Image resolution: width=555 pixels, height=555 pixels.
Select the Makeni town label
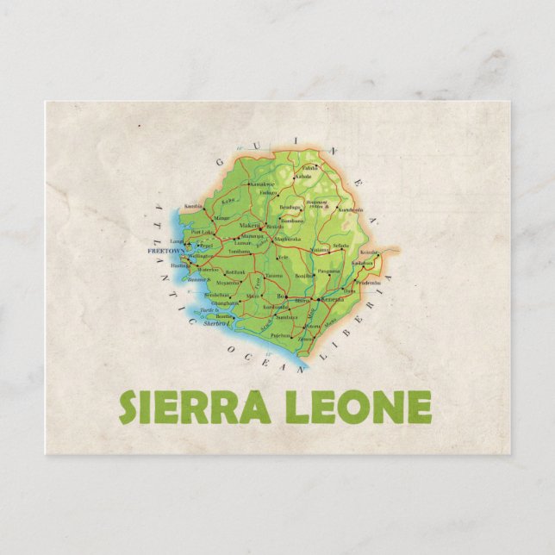tap(249, 225)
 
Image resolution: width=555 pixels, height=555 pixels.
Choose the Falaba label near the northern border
tap(310, 167)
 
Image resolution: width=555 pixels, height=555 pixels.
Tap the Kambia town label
tap(193, 206)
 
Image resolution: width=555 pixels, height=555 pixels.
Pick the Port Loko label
tap(202, 233)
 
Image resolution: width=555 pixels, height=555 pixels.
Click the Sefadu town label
tap(341, 245)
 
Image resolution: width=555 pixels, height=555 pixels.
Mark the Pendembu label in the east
tap(368, 282)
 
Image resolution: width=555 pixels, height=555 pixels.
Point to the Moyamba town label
tap(228, 282)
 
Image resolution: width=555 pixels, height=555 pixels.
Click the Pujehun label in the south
tap(281, 335)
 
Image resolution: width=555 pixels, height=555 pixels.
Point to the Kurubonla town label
tap(350, 209)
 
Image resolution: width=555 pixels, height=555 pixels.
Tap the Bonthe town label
tap(223, 316)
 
